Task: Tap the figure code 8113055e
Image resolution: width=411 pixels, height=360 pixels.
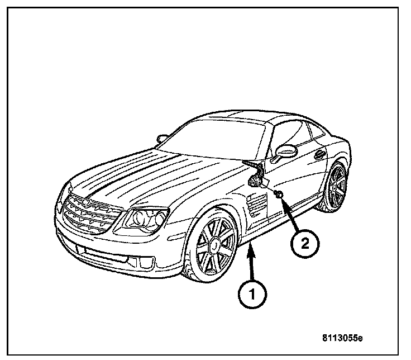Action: point(342,338)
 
